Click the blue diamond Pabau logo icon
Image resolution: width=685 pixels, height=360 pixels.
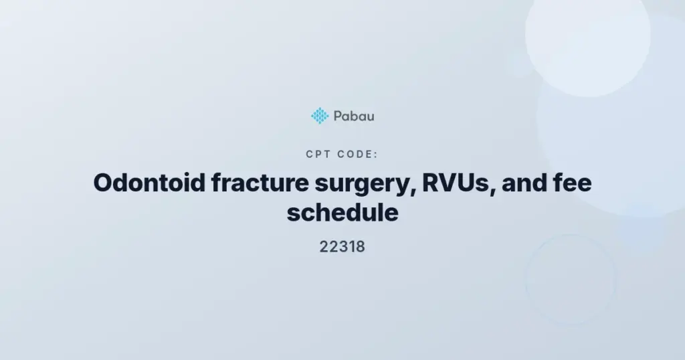(x=320, y=116)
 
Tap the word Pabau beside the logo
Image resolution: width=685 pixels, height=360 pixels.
(x=354, y=116)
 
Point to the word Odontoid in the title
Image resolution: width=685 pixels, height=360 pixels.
(x=149, y=183)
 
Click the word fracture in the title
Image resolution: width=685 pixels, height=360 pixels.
(x=260, y=183)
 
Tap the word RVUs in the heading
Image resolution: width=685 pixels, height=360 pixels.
(x=456, y=183)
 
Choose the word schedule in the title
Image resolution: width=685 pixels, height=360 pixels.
(x=342, y=213)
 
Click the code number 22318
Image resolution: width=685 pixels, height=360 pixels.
(x=342, y=246)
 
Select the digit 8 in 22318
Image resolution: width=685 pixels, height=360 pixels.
(x=361, y=246)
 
